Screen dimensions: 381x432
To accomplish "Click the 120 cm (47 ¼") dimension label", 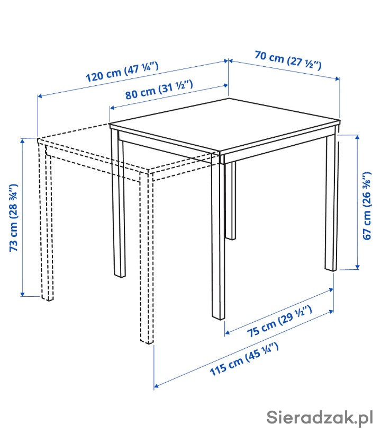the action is click(x=122, y=72).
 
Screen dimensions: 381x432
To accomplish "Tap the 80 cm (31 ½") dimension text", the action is click(x=159, y=89).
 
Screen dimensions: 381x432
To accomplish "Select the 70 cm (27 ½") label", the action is click(x=288, y=60).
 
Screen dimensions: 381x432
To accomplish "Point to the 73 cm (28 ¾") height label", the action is click(x=13, y=217).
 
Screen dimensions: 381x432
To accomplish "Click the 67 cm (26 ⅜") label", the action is click(x=367, y=206).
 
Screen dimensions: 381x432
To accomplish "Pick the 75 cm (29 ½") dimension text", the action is click(x=279, y=321).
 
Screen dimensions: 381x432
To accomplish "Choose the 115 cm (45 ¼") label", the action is click(x=244, y=359).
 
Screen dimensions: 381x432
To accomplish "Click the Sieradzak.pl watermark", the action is click(x=320, y=417).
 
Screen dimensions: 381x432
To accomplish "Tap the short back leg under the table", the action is click(x=231, y=200).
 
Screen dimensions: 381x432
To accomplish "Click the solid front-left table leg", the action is click(x=119, y=204).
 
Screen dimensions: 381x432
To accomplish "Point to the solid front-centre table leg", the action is click(x=219, y=237).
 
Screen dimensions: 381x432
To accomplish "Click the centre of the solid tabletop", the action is click(x=225, y=125).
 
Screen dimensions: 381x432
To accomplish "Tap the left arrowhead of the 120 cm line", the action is click(x=40, y=96).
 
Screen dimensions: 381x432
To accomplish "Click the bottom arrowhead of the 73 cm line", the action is click(x=23, y=294).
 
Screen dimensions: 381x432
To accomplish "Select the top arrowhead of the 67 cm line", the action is click(x=357, y=137).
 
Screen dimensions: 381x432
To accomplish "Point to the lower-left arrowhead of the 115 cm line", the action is click(x=156, y=385).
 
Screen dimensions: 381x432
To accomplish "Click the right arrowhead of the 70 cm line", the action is click(x=337, y=79).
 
